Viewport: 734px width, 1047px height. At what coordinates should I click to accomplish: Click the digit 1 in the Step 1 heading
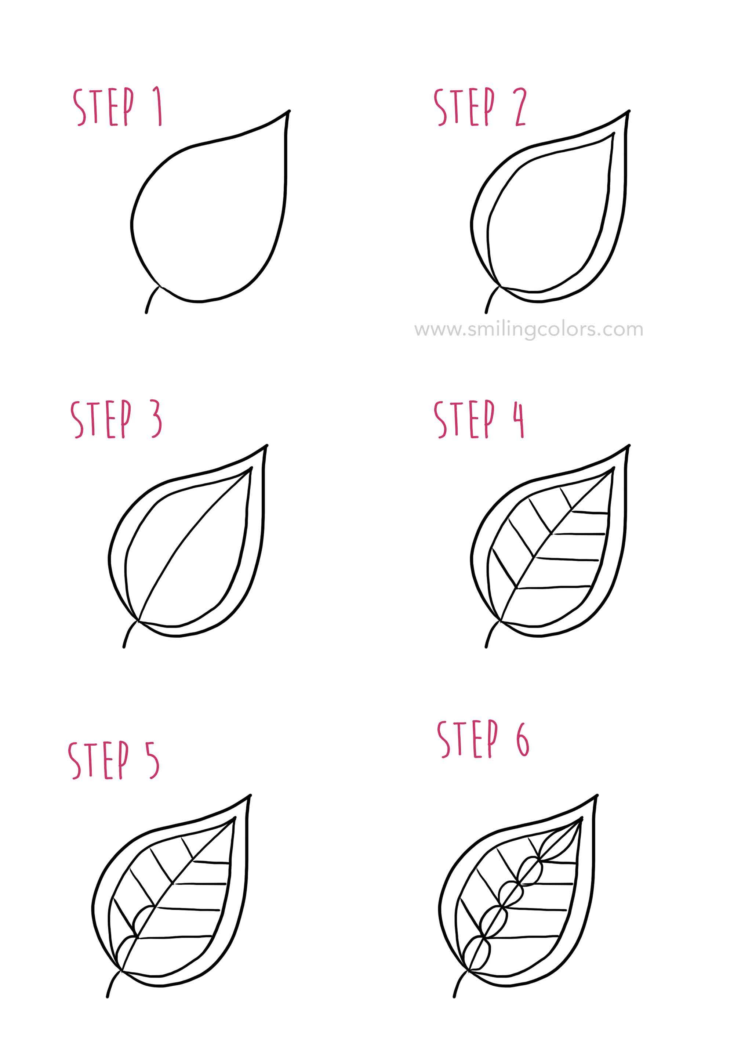point(158,107)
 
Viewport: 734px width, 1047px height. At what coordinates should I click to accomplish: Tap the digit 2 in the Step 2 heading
point(520,108)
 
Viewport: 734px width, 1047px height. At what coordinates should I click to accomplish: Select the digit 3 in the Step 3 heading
point(156,420)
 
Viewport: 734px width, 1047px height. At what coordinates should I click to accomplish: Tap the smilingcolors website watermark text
point(528,329)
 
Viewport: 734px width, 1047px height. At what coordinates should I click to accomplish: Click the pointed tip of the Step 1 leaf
point(288,112)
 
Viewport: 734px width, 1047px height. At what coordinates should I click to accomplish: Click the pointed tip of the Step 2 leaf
point(628,112)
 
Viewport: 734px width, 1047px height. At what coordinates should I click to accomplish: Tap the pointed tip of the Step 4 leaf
point(628,446)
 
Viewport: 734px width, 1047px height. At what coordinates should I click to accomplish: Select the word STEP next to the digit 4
point(465,420)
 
